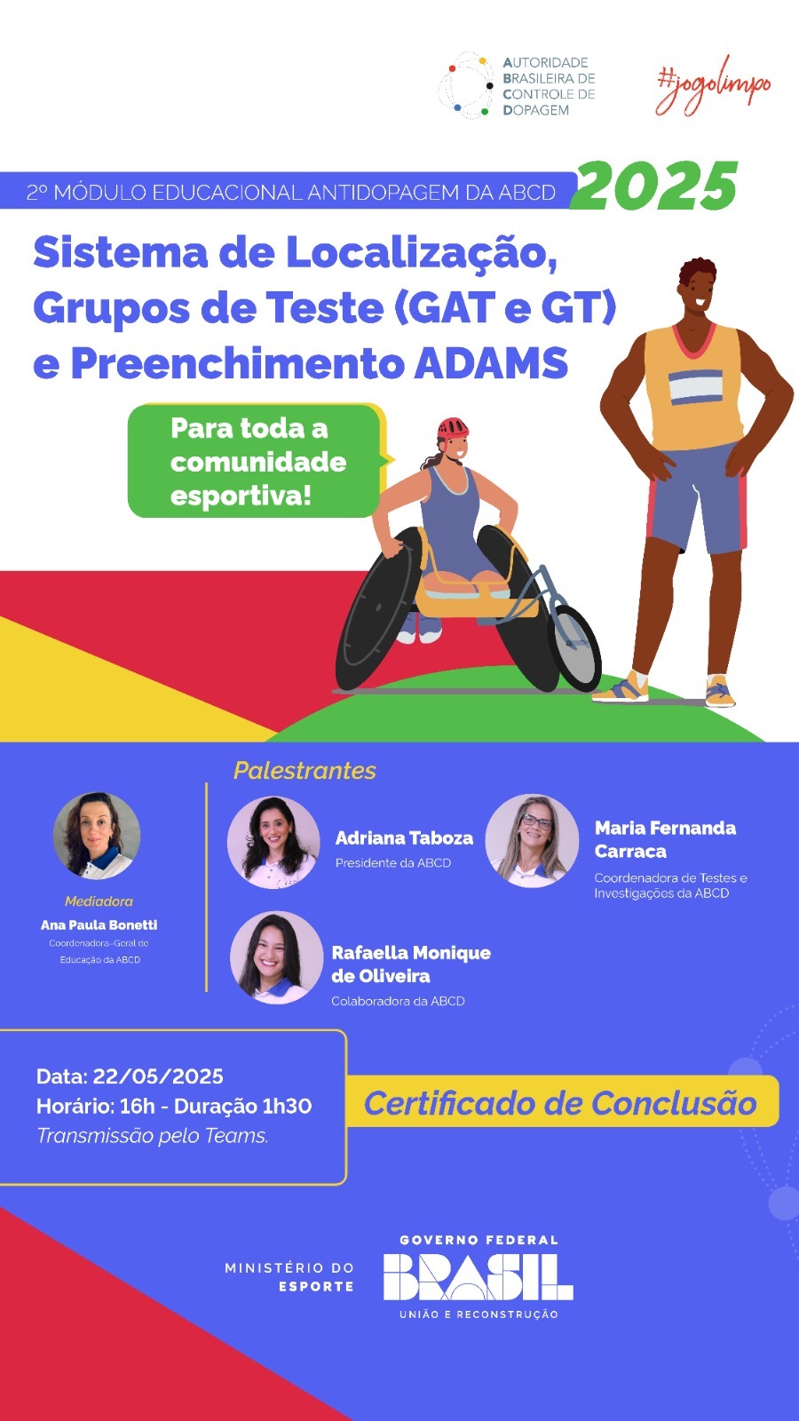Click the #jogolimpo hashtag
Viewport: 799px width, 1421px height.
pyautogui.click(x=714, y=86)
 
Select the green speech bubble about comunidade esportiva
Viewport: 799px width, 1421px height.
pyautogui.click(x=257, y=461)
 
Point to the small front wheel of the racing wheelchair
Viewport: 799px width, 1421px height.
pyautogui.click(x=574, y=647)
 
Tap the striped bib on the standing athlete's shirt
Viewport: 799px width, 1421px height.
pyautogui.click(x=696, y=387)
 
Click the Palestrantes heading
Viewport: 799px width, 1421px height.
pyautogui.click(x=305, y=770)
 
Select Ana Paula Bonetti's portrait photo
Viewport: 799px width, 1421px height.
pyautogui.click(x=97, y=836)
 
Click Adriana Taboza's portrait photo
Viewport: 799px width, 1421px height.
pyautogui.click(x=274, y=842)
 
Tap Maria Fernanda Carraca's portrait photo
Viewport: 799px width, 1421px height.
pyautogui.click(x=532, y=840)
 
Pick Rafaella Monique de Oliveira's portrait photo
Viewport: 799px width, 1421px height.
pyautogui.click(x=276, y=957)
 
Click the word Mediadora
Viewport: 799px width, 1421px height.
pyautogui.click(x=99, y=901)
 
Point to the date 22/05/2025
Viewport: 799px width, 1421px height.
pyautogui.click(x=158, y=1076)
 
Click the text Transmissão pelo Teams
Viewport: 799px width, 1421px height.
pyautogui.click(x=153, y=1136)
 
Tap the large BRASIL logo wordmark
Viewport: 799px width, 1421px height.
pyautogui.click(x=479, y=1278)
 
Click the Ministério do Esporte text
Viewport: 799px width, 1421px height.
pyautogui.click(x=289, y=1277)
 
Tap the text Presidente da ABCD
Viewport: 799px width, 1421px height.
pyautogui.click(x=393, y=862)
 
